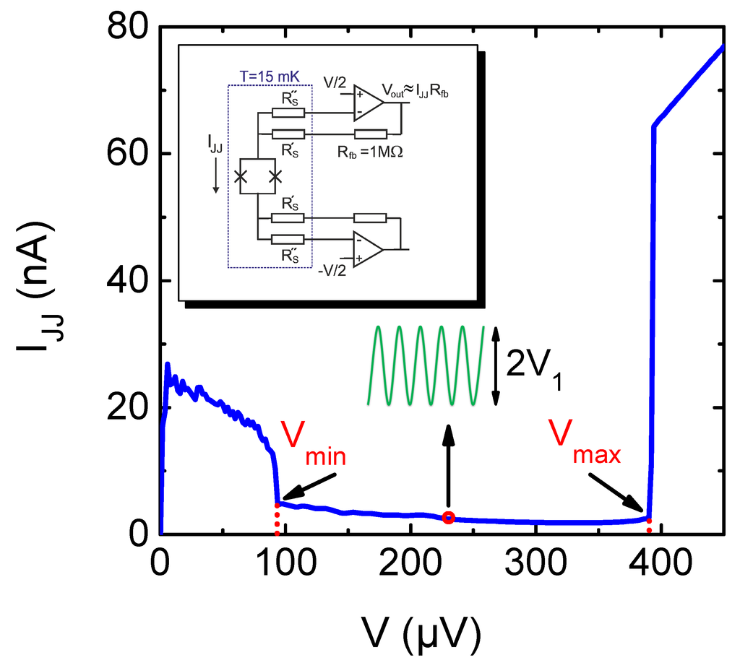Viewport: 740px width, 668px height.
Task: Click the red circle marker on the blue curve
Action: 448,516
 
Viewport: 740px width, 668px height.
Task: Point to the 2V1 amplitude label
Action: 533,367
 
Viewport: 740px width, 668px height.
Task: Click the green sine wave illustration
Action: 426,365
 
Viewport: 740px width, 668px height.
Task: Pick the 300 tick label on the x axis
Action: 535,563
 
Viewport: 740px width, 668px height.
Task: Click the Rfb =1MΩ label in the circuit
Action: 369,153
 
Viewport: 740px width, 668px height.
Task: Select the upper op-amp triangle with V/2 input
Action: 368,101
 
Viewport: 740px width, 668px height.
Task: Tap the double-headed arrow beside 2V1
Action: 496,365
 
